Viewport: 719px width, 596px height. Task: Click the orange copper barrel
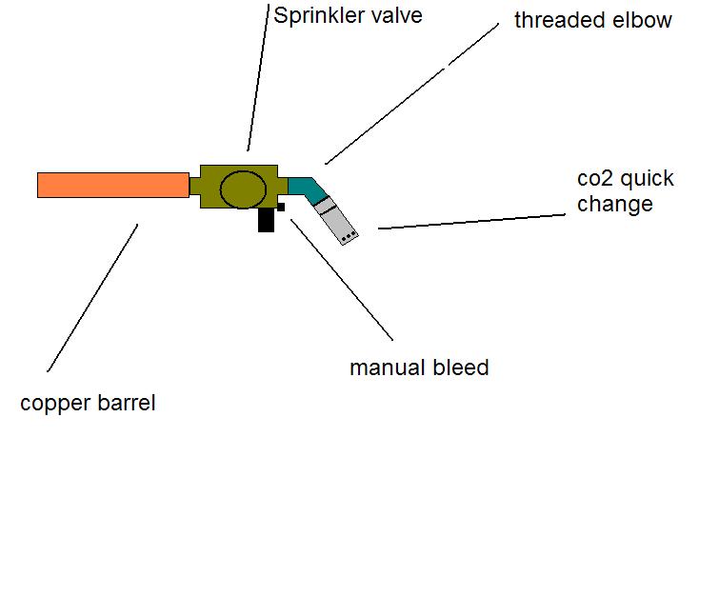pyautogui.click(x=112, y=185)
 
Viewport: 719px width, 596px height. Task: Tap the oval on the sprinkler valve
pyautogui.click(x=244, y=189)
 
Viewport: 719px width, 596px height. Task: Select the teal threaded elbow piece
pyautogui.click(x=306, y=187)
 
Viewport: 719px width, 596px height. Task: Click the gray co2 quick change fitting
pyautogui.click(x=337, y=220)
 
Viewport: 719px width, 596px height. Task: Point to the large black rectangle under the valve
pyautogui.click(x=266, y=220)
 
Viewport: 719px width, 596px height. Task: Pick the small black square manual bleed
pyautogui.click(x=281, y=207)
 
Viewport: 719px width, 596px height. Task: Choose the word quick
pyautogui.click(x=649, y=179)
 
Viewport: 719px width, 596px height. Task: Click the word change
pyautogui.click(x=615, y=203)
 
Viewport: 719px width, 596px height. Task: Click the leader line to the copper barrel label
pyautogui.click(x=92, y=297)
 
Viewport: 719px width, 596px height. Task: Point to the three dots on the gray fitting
pyautogui.click(x=348, y=234)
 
